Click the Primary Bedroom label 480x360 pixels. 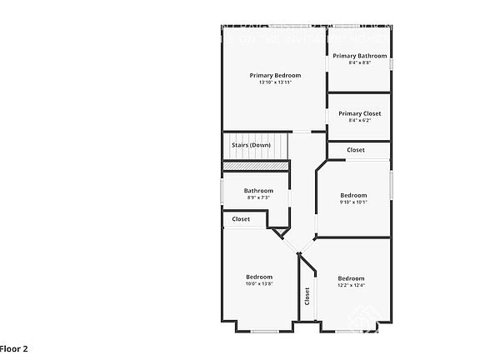pyautogui.click(x=275, y=75)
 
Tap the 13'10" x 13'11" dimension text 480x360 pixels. pyautogui.click(x=275, y=82)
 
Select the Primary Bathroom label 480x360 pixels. pyautogui.click(x=359, y=56)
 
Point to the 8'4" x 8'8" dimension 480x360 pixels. pyautogui.click(x=359, y=62)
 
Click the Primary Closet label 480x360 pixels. pyautogui.click(x=359, y=113)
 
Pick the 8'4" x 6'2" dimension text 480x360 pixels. pyautogui.click(x=359, y=120)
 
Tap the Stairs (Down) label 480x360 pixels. pyautogui.click(x=251, y=145)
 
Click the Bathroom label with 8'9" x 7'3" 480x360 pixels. pyautogui.click(x=258, y=191)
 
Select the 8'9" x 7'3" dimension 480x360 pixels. pyautogui.click(x=258, y=197)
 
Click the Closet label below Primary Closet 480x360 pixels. pyautogui.click(x=356, y=150)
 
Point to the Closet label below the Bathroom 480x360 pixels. pyautogui.click(x=241, y=219)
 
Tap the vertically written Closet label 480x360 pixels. pyautogui.click(x=307, y=295)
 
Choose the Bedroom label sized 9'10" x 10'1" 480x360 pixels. pyautogui.click(x=353, y=195)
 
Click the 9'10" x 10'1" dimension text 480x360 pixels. pyautogui.click(x=353, y=202)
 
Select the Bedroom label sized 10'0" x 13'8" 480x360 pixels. pyautogui.click(x=258, y=277)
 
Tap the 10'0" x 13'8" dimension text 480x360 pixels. pyautogui.click(x=258, y=284)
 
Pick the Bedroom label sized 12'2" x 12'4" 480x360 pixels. pyautogui.click(x=351, y=278)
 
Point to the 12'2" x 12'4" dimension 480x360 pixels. pyautogui.click(x=351, y=285)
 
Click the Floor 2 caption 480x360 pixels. pyautogui.click(x=14, y=348)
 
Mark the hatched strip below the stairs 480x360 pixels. pyautogui.click(x=255, y=167)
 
